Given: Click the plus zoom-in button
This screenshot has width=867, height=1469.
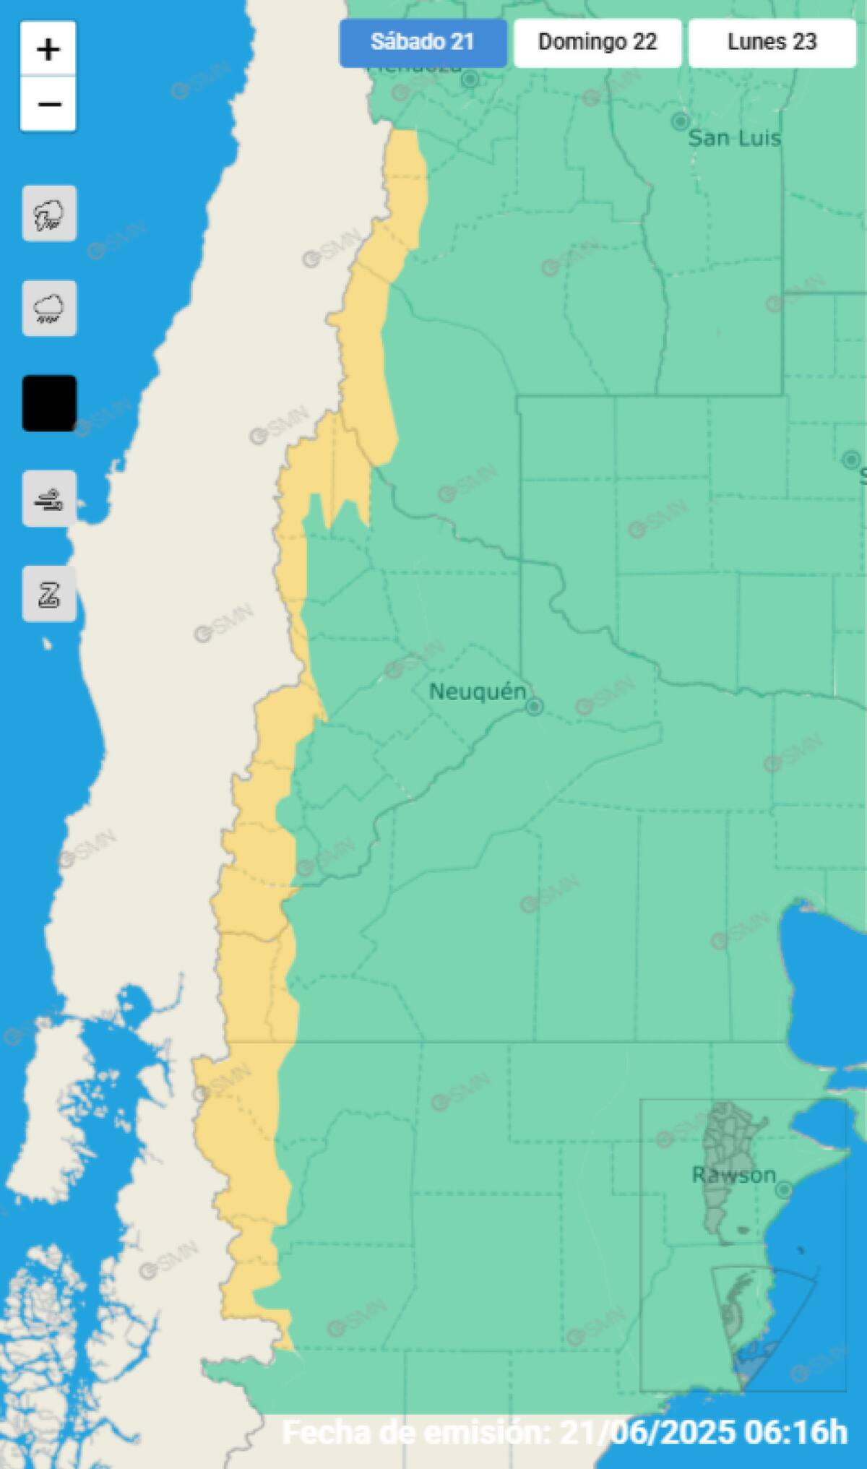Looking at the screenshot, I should click(x=48, y=49).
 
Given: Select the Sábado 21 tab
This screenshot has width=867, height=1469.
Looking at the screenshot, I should click(x=423, y=43).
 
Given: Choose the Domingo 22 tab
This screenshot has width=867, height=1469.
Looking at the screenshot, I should click(x=598, y=43).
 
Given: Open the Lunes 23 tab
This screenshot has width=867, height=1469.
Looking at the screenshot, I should click(x=772, y=43).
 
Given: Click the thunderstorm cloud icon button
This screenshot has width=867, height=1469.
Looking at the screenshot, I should click(x=49, y=214).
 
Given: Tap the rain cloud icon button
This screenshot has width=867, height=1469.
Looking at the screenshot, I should click(x=49, y=309).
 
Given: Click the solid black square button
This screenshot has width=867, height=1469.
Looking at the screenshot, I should click(x=49, y=403).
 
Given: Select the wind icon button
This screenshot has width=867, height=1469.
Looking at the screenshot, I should click(x=49, y=499).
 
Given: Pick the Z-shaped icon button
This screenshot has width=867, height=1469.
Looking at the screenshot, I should click(x=49, y=594).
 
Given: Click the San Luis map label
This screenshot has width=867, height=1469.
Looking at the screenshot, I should click(x=734, y=138).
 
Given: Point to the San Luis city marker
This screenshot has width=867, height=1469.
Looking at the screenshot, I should click(x=680, y=121).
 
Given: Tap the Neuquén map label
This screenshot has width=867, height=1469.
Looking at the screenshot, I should click(x=478, y=692).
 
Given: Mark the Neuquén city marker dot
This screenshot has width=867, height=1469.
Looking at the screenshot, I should click(x=534, y=707).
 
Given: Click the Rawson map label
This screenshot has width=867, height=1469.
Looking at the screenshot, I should click(x=733, y=1176).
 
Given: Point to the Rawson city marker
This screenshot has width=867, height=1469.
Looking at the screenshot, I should click(x=784, y=1190).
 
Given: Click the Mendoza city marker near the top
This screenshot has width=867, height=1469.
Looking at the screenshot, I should click(x=470, y=79).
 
